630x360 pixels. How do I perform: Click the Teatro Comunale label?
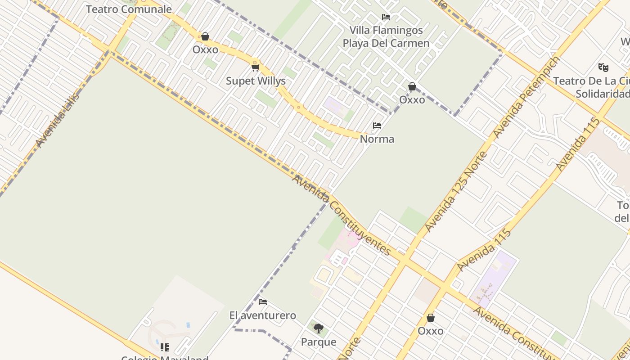point(129,9)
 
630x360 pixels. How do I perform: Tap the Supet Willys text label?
point(256,81)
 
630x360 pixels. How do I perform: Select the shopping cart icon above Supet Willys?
point(256,68)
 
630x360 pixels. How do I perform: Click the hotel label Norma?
point(377,139)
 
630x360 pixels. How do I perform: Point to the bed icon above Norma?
point(377,126)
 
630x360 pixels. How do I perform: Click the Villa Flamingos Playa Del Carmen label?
point(386,37)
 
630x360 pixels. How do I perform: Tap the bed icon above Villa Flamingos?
point(386,18)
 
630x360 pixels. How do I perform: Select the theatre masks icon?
point(603,67)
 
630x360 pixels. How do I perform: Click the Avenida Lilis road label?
point(58,120)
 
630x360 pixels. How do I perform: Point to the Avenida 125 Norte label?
point(456,192)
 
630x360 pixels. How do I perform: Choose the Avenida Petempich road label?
point(527,97)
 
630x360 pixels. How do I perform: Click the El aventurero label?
point(263,315)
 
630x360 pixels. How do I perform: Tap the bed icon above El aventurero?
point(263,302)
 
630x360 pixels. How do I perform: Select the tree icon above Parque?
point(319,328)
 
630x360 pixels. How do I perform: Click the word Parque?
point(319,342)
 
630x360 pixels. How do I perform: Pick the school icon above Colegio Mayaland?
point(165,347)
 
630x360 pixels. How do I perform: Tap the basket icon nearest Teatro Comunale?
point(205,36)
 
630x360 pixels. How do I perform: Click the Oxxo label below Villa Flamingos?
point(412,100)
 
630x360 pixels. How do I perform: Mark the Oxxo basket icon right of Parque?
point(431,318)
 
